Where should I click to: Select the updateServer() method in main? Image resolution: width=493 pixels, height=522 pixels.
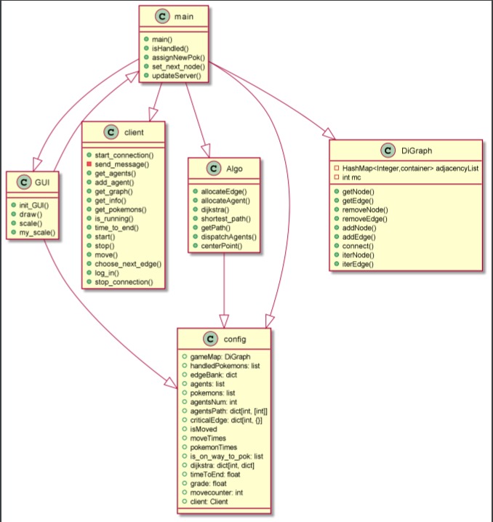pyautogui.click(x=177, y=76)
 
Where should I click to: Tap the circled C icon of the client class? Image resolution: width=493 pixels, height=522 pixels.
pyautogui.click(x=111, y=132)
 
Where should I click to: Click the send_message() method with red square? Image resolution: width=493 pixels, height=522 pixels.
pyautogui.click(x=121, y=165)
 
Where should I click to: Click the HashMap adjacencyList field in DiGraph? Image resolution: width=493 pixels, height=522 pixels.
pyautogui.click(x=407, y=167)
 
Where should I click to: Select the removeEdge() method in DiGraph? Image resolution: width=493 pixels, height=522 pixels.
pyautogui.click(x=364, y=218)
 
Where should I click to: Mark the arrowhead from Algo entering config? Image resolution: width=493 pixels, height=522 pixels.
pyautogui.click(x=225, y=320)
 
